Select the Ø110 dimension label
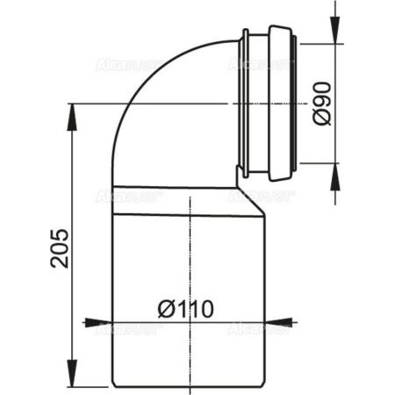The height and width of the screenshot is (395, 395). (187, 309)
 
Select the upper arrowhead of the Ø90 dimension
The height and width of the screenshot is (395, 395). (334, 36)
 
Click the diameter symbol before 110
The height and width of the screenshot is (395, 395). (165, 309)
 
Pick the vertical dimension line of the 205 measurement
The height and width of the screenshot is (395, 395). (69, 176)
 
